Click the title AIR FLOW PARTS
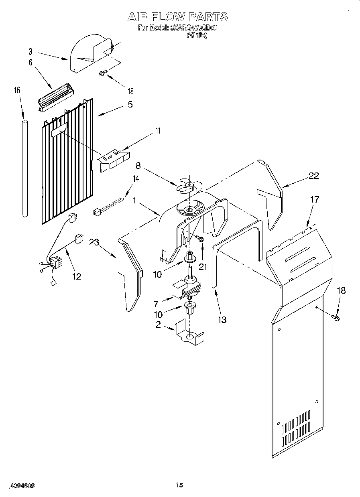click(x=177, y=17)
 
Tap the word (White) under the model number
click(x=197, y=35)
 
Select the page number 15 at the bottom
click(x=179, y=485)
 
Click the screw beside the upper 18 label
click(x=103, y=73)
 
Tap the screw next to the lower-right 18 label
click(x=336, y=318)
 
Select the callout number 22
click(x=314, y=176)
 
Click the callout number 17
click(x=315, y=199)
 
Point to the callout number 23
click(x=94, y=242)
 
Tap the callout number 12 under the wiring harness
click(x=76, y=276)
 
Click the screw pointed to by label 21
click(x=200, y=239)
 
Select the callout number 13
click(x=222, y=319)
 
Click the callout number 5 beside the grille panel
click(x=130, y=104)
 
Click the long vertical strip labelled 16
click(x=25, y=168)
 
